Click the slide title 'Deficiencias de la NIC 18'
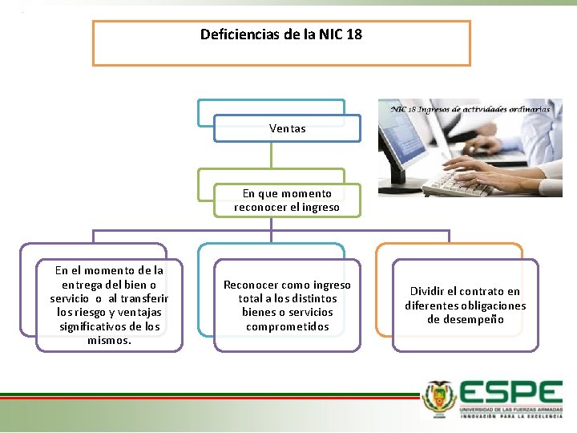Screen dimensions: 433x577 [280, 34]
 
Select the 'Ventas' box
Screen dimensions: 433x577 [287, 128]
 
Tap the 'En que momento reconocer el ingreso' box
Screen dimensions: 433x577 [287, 200]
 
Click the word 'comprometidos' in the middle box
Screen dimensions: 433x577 [287, 326]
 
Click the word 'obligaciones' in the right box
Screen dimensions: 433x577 [494, 306]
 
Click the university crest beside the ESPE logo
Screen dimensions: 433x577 [439, 399]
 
